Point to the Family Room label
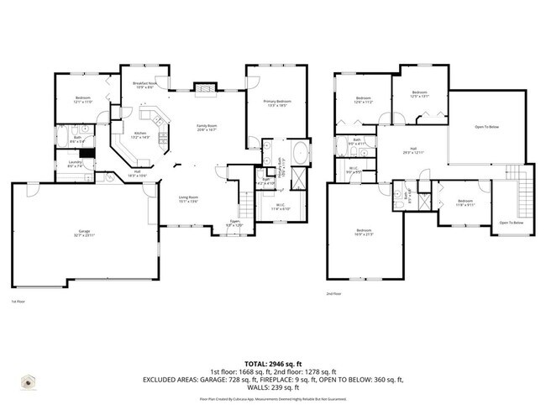pyautogui.click(x=207, y=126)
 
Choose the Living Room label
pyautogui.click(x=186, y=199)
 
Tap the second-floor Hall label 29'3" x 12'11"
pyautogui.click(x=412, y=151)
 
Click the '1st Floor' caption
pyautogui.click(x=18, y=302)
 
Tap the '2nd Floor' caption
pyautogui.click(x=333, y=294)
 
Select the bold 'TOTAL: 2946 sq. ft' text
pyautogui.click(x=273, y=364)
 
